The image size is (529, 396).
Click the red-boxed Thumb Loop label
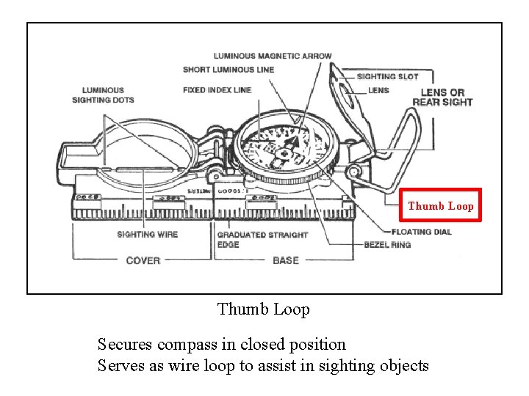[441, 205]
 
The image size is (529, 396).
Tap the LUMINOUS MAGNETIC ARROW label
[273, 56]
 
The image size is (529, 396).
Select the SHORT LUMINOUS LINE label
[228, 70]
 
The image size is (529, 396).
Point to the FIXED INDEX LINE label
[217, 90]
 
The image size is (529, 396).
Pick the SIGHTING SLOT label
[387, 76]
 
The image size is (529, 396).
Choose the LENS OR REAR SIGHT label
[442, 97]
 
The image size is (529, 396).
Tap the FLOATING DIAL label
[422, 232]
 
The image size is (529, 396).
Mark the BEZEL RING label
[387, 244]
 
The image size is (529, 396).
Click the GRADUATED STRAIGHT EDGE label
[262, 239]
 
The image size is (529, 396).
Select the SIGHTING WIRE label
[147, 235]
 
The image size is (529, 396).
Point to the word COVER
[143, 260]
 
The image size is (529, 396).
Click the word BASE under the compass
[286, 260]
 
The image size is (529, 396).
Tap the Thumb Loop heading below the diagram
[264, 309]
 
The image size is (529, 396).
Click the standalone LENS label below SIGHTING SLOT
[378, 90]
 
